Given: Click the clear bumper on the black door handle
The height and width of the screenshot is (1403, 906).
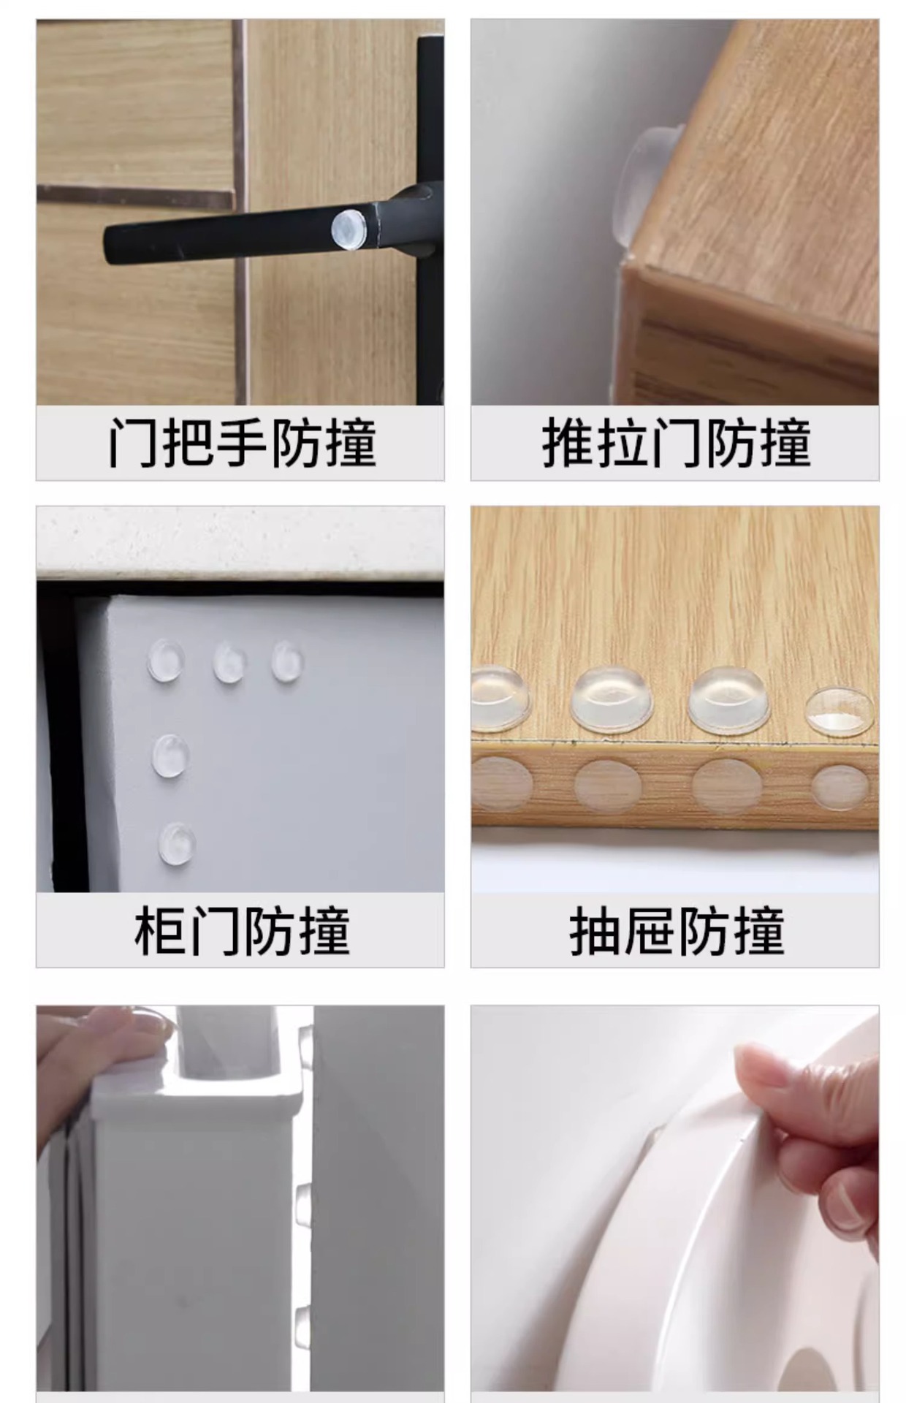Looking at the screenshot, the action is (349, 229).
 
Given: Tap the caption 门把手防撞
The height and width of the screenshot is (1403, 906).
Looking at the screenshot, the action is (243, 443).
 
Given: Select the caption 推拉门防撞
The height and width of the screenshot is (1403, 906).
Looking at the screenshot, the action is (677, 443).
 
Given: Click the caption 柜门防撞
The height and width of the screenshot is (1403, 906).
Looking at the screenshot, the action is (243, 930).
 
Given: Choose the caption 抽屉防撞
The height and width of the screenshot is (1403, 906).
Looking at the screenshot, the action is (677, 930).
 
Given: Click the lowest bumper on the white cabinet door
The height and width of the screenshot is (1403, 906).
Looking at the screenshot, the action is (177, 843).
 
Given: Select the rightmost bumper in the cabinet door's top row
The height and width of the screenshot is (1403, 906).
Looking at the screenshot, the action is (287, 661).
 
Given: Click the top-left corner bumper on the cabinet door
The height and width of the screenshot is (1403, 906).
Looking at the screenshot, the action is (166, 661).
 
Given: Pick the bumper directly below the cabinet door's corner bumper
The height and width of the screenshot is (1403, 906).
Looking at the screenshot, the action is (171, 756).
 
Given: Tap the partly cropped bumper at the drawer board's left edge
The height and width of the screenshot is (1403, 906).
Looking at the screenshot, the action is (500, 699).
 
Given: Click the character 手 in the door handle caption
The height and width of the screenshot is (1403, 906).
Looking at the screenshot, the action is (242, 443).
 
